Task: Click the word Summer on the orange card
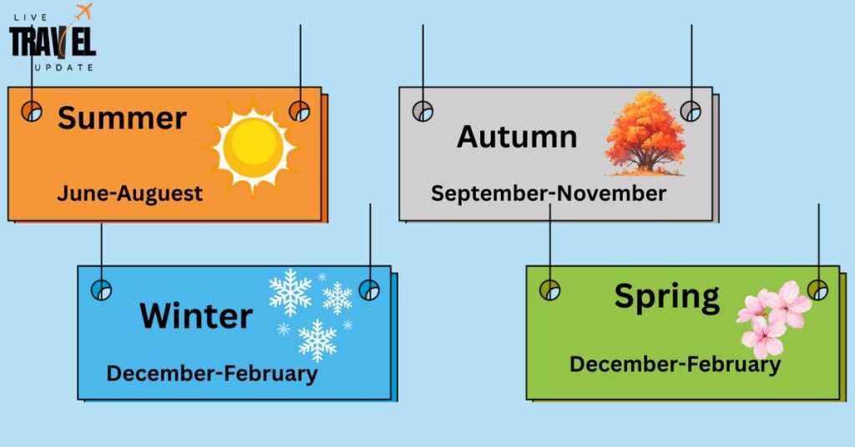click(x=122, y=118)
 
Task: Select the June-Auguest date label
click(x=129, y=193)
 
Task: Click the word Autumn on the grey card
click(x=517, y=137)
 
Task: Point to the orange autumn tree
click(x=645, y=133)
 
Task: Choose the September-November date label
click(x=549, y=193)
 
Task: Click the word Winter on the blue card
click(x=196, y=316)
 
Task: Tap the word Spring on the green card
click(x=667, y=297)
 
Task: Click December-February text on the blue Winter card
click(x=212, y=374)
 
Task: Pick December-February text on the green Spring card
click(x=675, y=364)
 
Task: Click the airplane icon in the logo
click(x=83, y=11)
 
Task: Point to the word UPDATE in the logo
click(x=63, y=68)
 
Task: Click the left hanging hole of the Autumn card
click(x=422, y=111)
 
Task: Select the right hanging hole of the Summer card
click(x=300, y=111)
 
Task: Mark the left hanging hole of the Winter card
click(x=101, y=289)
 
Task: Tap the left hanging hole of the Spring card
click(x=549, y=289)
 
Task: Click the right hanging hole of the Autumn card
click(x=691, y=111)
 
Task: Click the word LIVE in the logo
click(x=31, y=18)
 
